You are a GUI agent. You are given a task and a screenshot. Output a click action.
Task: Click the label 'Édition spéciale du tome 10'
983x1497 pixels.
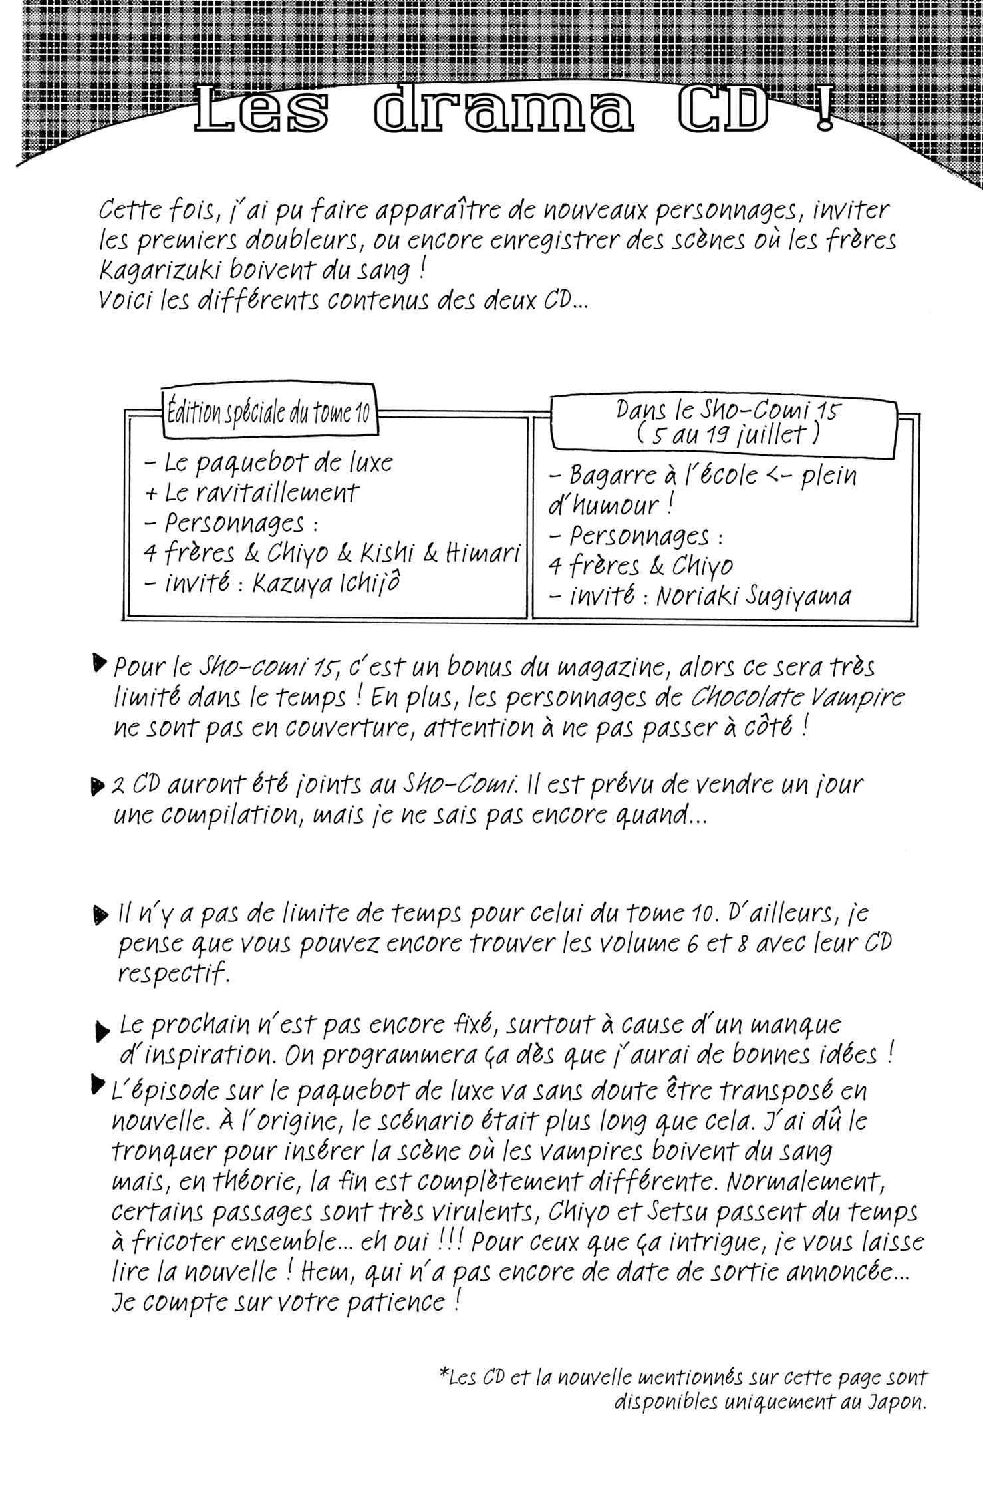point(268,414)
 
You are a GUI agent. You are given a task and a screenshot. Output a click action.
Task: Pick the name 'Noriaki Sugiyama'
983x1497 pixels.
point(754,596)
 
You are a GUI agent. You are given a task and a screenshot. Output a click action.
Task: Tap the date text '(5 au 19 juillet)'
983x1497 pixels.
point(727,434)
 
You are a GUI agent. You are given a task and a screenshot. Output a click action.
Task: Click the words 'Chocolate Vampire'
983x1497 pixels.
point(798,697)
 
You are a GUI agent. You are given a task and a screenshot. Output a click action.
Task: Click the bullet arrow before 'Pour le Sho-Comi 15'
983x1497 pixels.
point(100,663)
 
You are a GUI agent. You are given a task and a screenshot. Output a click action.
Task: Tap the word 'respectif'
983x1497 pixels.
point(173,974)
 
